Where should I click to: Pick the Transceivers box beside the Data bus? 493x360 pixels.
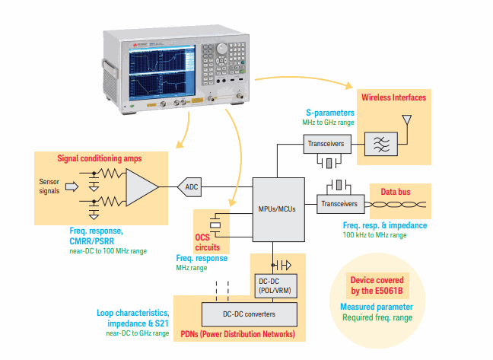tap(338, 202)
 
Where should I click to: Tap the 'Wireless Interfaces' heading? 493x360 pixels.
tap(393, 97)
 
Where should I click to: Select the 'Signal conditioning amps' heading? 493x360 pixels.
tap(111, 158)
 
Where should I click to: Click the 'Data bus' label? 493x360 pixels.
tap(397, 192)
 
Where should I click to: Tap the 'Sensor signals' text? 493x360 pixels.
tap(49, 186)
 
